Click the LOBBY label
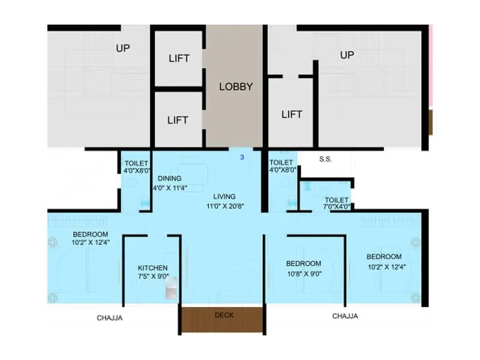pos(235,86)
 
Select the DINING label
pos(170,178)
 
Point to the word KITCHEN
pos(152,268)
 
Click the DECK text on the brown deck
pos(224,315)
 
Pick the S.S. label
pos(325,160)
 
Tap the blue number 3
pos(242,157)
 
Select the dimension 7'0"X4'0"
pos(337,208)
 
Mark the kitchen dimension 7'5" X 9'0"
pos(152,277)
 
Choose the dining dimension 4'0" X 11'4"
pos(170,187)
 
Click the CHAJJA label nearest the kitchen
pos(110,318)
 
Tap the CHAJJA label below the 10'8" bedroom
pos(345,316)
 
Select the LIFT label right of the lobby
pos(292,114)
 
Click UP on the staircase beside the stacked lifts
pos(122,48)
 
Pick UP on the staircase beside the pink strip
pos(347,55)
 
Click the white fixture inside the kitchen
pos(170,290)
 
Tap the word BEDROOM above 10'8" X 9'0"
pos(303,263)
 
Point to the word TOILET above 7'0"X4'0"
pos(337,200)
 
